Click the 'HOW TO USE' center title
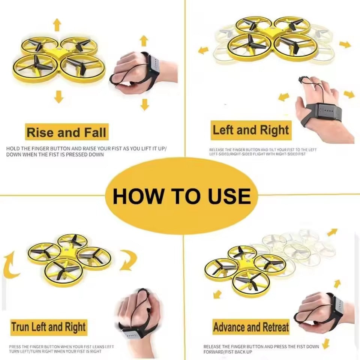click(x=181, y=196)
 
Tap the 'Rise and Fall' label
click(x=66, y=133)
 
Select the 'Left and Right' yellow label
click(x=251, y=130)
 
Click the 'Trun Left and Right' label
click(x=48, y=327)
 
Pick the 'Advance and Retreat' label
click(x=251, y=327)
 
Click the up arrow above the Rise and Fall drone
click(x=57, y=25)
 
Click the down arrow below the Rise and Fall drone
click(x=58, y=96)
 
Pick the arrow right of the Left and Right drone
click(x=345, y=44)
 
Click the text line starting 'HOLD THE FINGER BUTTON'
click(x=87, y=149)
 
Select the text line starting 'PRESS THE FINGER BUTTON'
click(x=61, y=347)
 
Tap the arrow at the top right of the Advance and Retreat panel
click(x=332, y=232)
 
